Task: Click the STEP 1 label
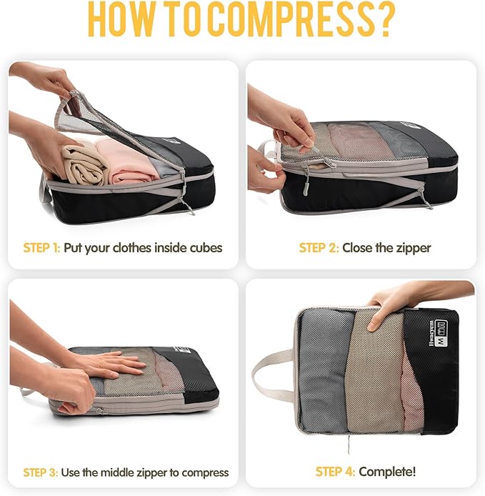click(x=42, y=248)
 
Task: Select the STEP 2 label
click(x=319, y=248)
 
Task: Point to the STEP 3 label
click(x=42, y=472)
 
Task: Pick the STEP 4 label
click(x=335, y=472)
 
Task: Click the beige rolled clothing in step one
click(x=80, y=164)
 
